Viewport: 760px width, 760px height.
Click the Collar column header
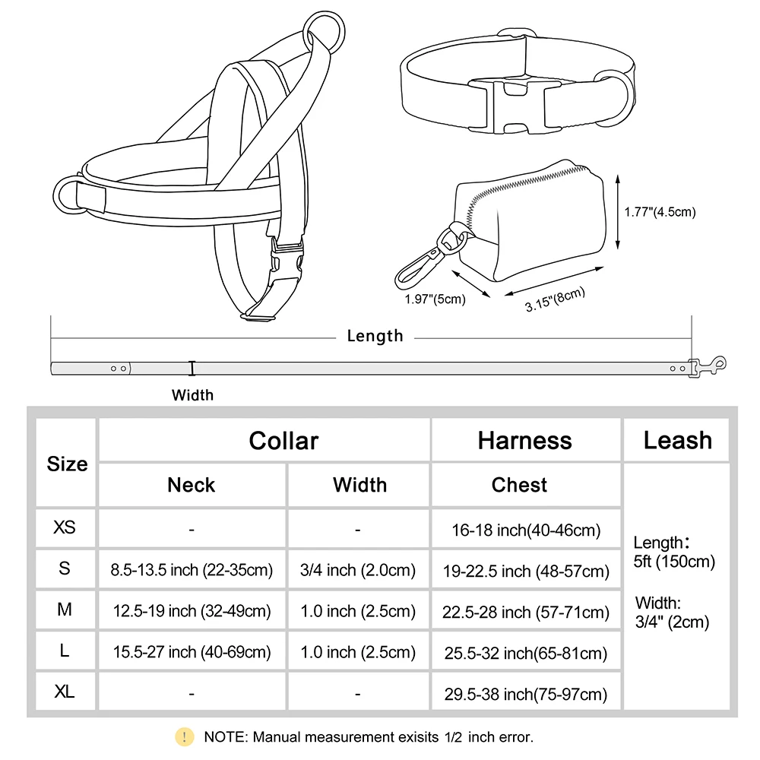pos(283,441)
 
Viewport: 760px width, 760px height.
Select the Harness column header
pos(524,441)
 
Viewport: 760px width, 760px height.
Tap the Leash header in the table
pos(677,441)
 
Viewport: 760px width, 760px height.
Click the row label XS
pos(65,527)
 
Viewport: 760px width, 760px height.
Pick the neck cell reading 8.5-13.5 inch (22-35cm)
pos(192,570)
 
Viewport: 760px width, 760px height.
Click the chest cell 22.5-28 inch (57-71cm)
pos(526,612)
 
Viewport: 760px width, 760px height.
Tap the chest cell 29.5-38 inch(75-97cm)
pos(526,693)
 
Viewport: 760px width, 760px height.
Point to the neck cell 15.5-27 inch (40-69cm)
pos(192,651)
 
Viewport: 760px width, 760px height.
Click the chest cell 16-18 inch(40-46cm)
pos(526,530)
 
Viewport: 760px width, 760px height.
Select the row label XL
pos(65,692)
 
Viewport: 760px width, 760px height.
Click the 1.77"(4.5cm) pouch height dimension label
pos(660,213)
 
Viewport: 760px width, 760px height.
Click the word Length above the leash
pos(375,336)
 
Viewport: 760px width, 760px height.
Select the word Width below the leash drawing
pos(192,395)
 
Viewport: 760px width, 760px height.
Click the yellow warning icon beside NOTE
pos(185,736)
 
